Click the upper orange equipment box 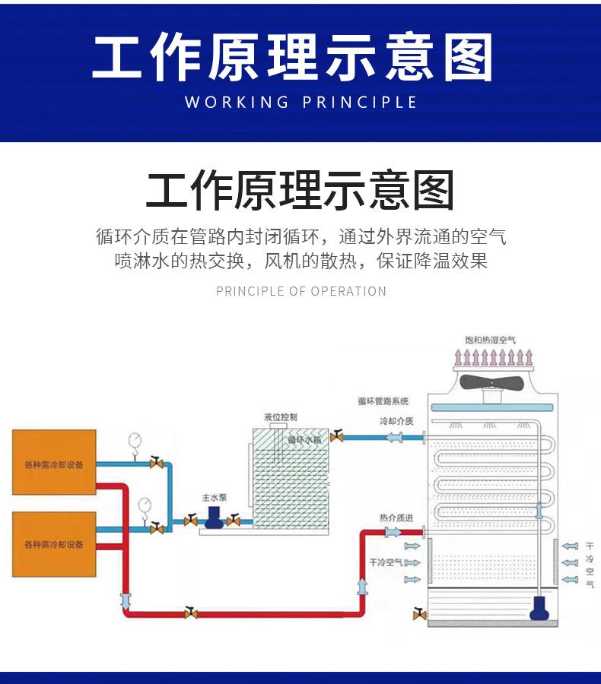coord(54,462)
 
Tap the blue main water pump coord(213,518)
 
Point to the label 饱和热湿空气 coord(491,340)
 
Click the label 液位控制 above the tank coord(281,416)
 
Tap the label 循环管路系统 coord(383,401)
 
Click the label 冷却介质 coord(396,421)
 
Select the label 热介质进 coord(396,518)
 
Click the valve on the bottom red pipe coord(190,613)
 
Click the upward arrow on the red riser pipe coord(361,585)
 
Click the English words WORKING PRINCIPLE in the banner coord(300,102)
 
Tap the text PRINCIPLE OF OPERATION coord(300,291)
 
